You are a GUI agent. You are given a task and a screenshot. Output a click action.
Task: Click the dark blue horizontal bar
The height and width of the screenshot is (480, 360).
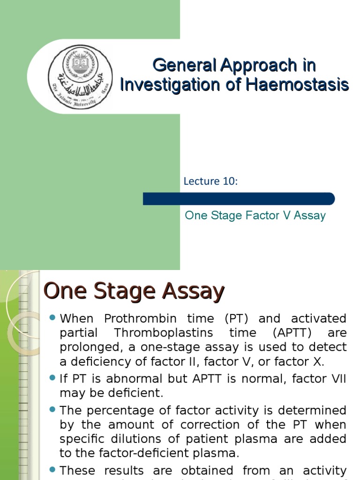(239, 199)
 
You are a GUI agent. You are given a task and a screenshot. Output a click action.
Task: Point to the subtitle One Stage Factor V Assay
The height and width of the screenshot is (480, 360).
(255, 216)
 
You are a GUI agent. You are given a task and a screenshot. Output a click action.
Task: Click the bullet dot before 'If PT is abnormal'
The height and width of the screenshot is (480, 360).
(52, 378)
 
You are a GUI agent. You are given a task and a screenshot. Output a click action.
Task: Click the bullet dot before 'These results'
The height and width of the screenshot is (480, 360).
(52, 470)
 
